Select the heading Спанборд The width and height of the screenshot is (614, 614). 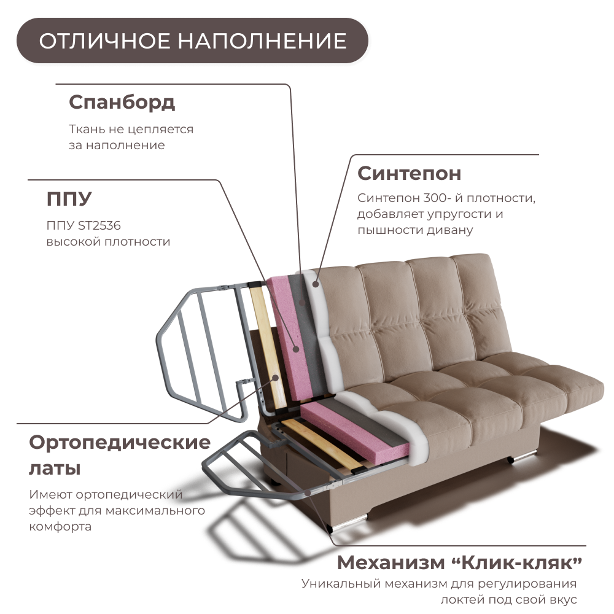(x=122, y=102)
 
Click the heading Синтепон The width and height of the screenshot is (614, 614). (x=409, y=173)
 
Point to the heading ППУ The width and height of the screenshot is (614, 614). (x=69, y=199)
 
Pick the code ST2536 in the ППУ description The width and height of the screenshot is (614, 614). (x=99, y=225)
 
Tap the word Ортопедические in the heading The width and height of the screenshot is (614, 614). (x=120, y=442)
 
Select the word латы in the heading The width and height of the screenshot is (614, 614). (x=55, y=468)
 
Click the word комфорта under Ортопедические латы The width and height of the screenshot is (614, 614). (x=60, y=527)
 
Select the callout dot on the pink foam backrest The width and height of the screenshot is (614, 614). (x=297, y=349)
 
